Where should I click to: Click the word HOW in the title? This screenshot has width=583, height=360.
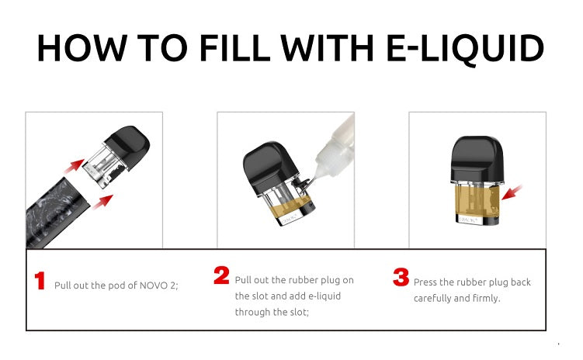pos(82,48)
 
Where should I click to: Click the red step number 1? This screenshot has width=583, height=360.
pos(40,281)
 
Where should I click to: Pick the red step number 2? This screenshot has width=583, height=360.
pos(221,275)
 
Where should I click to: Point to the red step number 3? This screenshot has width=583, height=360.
pos(401,277)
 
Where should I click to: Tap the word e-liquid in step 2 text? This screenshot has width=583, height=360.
pos(324,296)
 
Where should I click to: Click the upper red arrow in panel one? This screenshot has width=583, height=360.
pos(74,166)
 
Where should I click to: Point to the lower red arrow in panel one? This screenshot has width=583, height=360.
pos(102,202)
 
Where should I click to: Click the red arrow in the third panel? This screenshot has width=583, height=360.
pos(512,192)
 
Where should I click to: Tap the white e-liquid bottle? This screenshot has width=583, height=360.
pos(335,148)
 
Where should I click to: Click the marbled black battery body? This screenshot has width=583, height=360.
pos(57,213)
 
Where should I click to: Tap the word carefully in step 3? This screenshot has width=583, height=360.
pos(432,299)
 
